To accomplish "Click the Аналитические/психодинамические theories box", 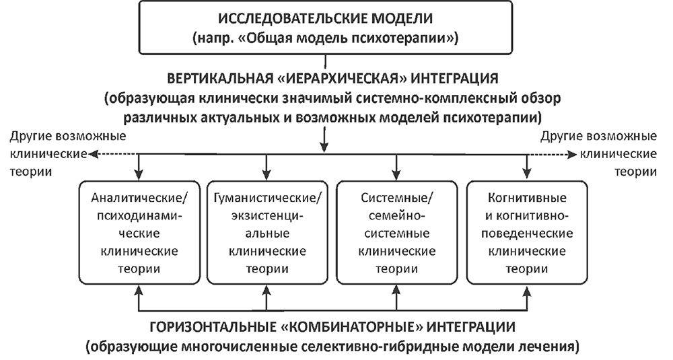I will [x=139, y=233].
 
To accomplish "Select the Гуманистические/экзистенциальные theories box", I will [x=268, y=233].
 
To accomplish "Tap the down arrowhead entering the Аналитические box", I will [x=139, y=174].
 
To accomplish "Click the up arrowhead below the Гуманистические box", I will [x=268, y=291].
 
